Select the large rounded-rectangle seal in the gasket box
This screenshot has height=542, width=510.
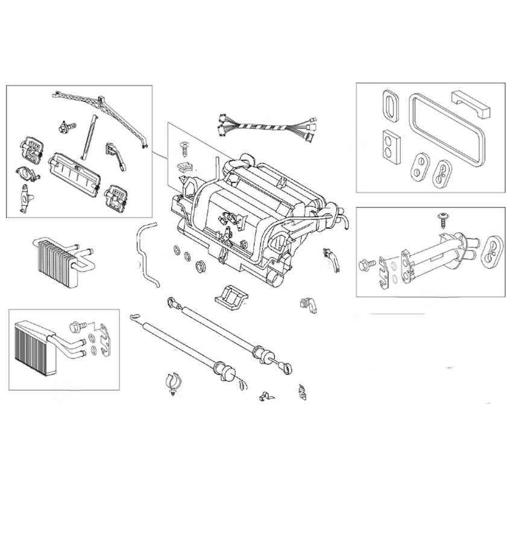click(446, 131)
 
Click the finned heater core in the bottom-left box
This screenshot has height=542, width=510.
click(37, 347)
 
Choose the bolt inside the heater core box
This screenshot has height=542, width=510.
click(78, 327)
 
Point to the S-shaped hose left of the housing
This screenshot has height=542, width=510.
click(145, 254)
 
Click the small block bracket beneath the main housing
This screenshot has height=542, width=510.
click(232, 296)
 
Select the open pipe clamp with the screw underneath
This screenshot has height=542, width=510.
click(172, 384)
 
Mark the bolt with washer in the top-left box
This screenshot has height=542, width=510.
click(66, 126)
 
